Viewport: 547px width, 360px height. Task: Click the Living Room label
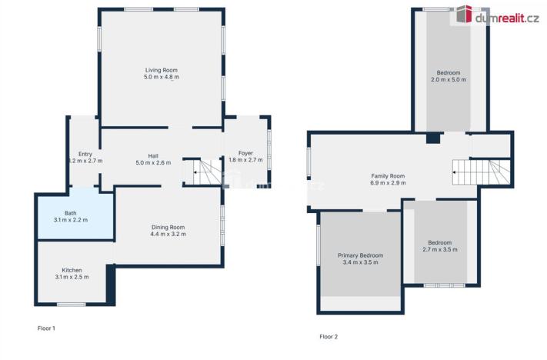click(x=162, y=70)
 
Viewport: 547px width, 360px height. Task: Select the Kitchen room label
click(x=72, y=270)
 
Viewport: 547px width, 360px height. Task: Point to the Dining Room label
click(x=168, y=227)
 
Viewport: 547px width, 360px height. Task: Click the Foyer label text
click(x=246, y=153)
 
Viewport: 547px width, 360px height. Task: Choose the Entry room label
click(x=85, y=154)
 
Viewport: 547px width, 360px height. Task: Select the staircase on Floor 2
click(x=480, y=172)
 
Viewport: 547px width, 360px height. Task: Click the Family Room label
click(x=388, y=176)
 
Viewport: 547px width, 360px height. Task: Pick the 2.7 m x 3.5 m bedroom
click(x=439, y=245)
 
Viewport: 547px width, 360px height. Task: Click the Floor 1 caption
click(x=46, y=328)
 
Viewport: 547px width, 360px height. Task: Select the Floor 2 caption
click(x=329, y=336)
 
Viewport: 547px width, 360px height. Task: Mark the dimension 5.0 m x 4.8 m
click(x=162, y=77)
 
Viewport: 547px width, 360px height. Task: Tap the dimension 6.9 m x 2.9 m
click(x=388, y=183)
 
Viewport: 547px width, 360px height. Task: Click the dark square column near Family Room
click(x=433, y=138)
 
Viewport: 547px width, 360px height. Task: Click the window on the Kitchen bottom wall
click(x=72, y=304)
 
